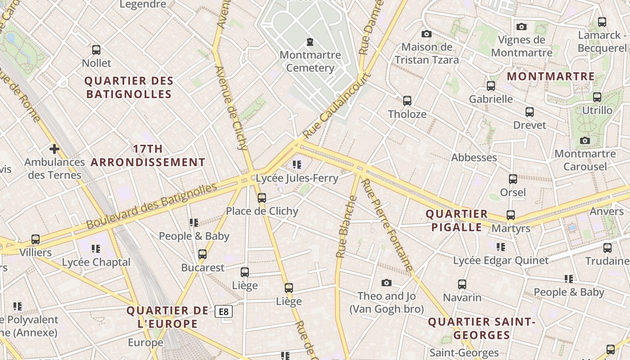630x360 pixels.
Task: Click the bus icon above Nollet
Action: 96,50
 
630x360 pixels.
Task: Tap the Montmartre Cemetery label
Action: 310,62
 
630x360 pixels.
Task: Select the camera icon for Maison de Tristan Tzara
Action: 426,34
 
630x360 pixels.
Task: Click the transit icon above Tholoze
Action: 407,101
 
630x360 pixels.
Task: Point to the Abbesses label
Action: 474,157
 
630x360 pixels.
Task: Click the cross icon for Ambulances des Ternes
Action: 54,149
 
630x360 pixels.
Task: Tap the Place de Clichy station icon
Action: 262,198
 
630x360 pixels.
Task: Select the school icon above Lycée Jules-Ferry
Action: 297,165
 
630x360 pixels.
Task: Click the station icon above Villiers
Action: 36,239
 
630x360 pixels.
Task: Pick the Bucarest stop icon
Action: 202,254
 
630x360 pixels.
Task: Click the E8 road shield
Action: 223,311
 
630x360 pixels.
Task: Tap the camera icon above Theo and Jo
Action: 386,283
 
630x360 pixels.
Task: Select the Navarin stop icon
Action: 462,284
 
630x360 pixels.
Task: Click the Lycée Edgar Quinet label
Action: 500,261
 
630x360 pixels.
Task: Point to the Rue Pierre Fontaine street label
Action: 387,225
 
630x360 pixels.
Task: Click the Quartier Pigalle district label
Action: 457,220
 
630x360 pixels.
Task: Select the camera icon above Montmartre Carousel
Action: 585,141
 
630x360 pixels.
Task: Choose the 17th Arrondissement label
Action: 148,156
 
